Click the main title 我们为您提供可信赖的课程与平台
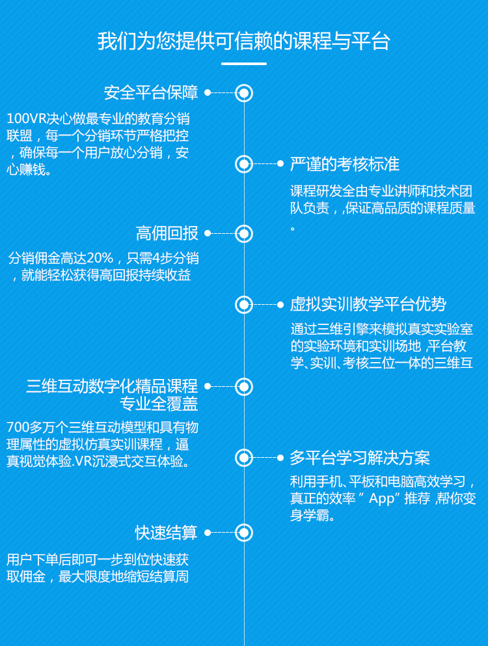244,41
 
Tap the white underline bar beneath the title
244,64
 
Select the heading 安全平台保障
151,92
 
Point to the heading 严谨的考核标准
345,164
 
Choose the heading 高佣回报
167,233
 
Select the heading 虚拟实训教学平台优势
368,305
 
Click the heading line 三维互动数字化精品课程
112,386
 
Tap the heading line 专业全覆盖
159,404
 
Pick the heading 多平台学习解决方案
360,458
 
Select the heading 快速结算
167,533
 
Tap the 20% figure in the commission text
100,259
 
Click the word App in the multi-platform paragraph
382,499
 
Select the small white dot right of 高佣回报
208,233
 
